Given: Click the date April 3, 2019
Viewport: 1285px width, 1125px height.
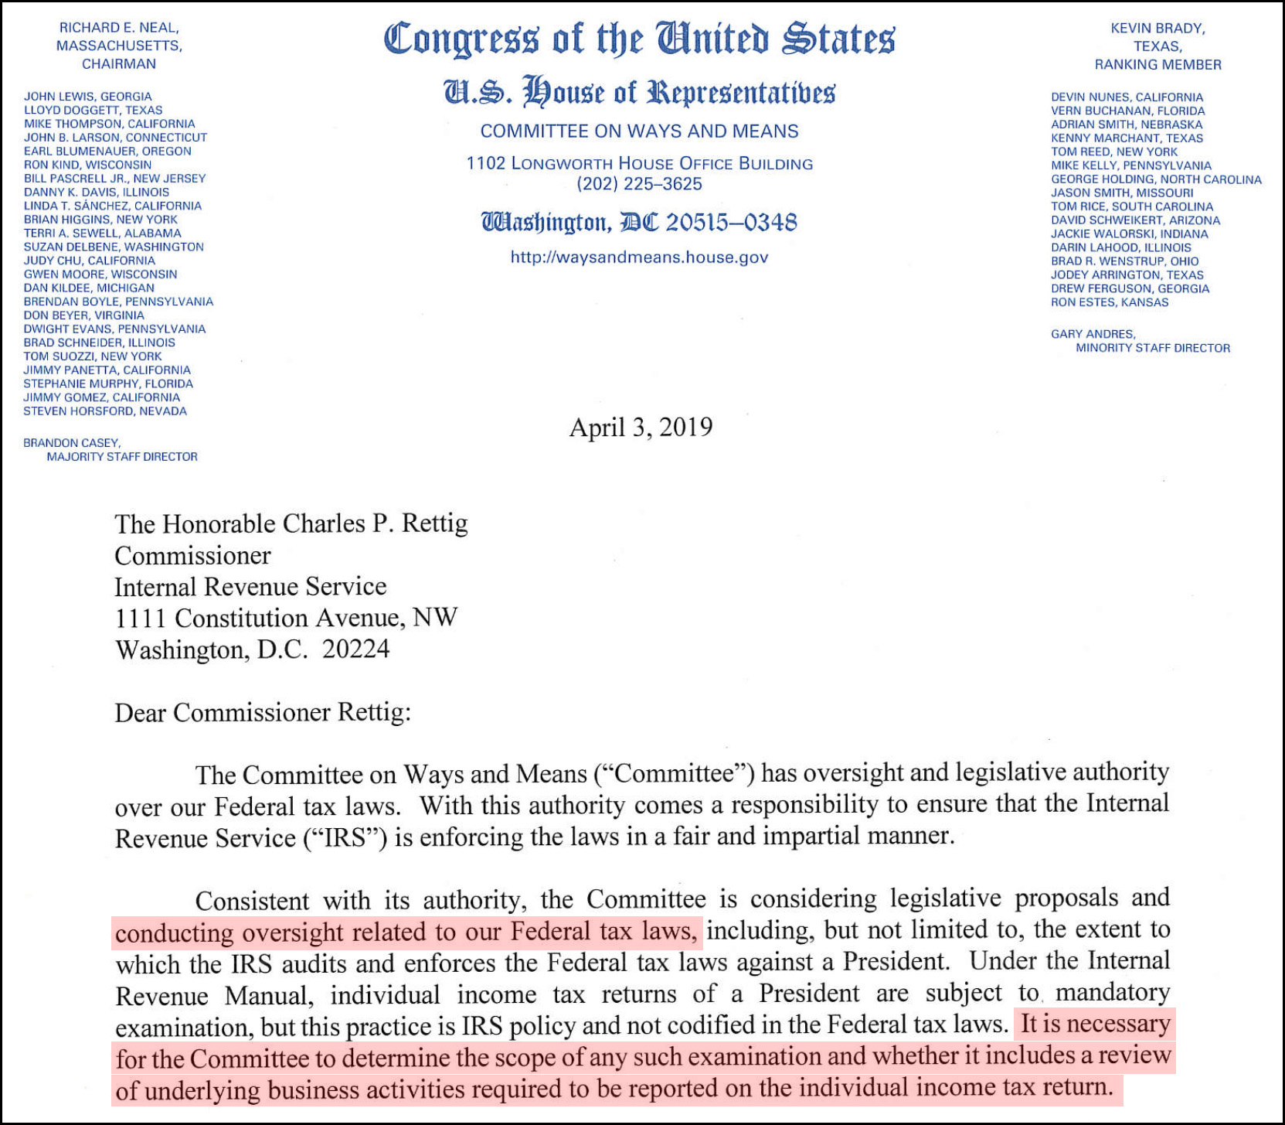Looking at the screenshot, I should point(641,428).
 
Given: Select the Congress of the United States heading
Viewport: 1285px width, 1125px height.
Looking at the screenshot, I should point(639,39).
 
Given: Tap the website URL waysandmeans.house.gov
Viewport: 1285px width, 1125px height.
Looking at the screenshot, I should point(639,257).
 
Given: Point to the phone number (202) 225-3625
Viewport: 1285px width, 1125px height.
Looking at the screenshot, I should point(639,184).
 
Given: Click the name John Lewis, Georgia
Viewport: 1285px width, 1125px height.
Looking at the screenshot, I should point(87,97).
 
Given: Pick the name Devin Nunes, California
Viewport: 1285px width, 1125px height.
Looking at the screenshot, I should point(1127,97).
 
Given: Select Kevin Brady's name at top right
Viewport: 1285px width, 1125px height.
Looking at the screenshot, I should point(1158,29).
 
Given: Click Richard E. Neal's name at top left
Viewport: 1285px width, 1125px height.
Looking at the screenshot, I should point(119,28).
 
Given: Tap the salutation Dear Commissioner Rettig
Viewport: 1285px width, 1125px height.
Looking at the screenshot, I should point(263,712).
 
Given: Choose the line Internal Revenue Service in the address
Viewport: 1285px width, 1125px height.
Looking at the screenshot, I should point(250,587).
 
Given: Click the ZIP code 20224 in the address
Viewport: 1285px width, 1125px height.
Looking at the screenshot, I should point(355,649).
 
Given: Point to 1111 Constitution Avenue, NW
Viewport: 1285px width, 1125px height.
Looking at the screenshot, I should point(286,618).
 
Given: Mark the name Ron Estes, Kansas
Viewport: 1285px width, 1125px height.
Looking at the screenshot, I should point(1109,302).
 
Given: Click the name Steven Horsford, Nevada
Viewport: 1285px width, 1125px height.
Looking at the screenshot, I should point(105,411).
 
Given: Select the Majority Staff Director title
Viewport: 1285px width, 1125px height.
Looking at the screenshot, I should point(122,457).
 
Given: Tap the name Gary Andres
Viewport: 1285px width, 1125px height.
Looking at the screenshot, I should point(1093,334).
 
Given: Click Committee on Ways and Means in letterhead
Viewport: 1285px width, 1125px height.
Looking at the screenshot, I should point(639,131).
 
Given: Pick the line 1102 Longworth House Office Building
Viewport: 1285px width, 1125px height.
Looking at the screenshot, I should point(639,164).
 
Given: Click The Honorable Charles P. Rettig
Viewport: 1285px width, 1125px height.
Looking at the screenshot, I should point(291,524).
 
